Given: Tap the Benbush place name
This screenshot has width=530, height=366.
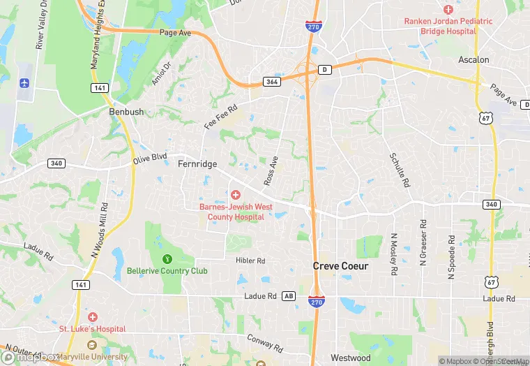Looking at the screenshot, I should pos(126,112).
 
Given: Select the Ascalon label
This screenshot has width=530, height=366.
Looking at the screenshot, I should pos(474,60).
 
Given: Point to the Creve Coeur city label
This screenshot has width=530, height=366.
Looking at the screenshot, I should pos(340,266).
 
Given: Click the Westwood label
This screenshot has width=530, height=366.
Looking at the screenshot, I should pos(350,358).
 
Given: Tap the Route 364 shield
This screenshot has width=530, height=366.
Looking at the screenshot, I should pos(272,82).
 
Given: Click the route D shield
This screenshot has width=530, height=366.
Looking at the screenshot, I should pos(324,69).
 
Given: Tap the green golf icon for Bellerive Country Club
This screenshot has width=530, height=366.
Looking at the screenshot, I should pos(167,259).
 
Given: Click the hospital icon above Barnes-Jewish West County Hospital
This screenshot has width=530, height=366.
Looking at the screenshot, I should pos(236,195).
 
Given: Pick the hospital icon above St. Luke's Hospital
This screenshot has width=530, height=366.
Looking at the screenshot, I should pos(92,317).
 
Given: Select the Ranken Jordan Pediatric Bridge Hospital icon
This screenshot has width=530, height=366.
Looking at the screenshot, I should pos(448,10).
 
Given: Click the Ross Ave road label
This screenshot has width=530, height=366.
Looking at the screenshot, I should pos(271,170).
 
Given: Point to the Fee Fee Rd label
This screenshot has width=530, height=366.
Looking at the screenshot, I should pos(221,116).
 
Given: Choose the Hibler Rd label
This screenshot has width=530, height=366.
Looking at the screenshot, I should pos(250,261).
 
